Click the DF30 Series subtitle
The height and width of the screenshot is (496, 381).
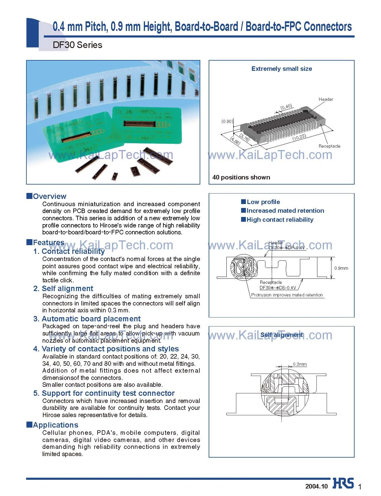[77, 45]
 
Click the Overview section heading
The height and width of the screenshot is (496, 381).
[49, 196]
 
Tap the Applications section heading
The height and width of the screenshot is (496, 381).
[55, 425]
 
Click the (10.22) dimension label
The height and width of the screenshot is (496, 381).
[299, 138]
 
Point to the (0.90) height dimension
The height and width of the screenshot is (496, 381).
[227, 121]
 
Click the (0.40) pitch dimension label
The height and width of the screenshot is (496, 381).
[286, 107]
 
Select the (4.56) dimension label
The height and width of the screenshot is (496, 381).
[235, 141]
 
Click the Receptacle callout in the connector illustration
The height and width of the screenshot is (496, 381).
[329, 146]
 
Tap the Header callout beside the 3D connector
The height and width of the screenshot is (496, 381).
[326, 99]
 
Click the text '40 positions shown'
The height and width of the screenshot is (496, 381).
[241, 177]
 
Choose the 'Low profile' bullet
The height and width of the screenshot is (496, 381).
[263, 202]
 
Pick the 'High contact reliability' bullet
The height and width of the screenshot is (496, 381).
[280, 220]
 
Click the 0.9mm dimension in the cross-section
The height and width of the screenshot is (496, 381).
[341, 268]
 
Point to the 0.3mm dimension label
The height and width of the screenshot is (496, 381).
[300, 364]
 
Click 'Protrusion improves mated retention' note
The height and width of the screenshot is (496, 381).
[287, 295]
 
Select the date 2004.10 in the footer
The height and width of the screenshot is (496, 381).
[316, 486]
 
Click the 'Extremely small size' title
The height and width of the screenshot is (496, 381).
[281, 69]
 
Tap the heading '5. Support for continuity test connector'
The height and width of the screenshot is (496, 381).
[108, 393]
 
